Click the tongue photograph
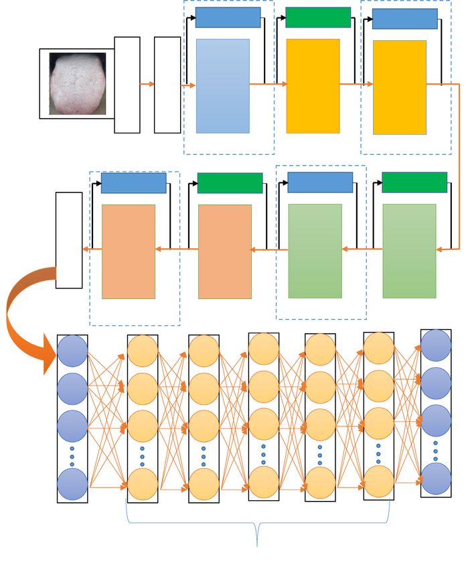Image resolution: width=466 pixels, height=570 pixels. click(x=78, y=84)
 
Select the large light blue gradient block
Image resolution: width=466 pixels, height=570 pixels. click(x=222, y=86)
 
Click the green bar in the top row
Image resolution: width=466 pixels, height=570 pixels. click(x=318, y=17)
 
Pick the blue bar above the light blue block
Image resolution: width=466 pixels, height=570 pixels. click(x=228, y=17)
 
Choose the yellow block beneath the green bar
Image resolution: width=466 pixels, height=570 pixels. click(x=313, y=86)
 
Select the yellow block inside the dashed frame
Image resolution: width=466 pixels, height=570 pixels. click(x=400, y=87)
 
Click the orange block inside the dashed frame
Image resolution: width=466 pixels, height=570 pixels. click(x=129, y=251)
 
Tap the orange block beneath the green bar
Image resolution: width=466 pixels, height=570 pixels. click(x=225, y=251)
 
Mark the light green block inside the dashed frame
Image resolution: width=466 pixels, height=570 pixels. click(x=315, y=251)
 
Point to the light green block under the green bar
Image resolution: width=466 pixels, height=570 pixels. click(x=409, y=251)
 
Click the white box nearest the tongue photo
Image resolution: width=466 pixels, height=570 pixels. click(x=127, y=84)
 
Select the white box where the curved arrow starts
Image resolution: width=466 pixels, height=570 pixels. click(x=69, y=240)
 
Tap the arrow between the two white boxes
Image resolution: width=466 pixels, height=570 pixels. click(x=147, y=84)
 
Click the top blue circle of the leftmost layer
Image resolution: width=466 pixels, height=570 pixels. click(x=72, y=351)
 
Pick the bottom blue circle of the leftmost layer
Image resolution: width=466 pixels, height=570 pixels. click(x=72, y=485)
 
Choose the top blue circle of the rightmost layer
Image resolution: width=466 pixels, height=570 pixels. click(x=436, y=345)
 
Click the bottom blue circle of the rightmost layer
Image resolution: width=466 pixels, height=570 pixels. click(x=436, y=479)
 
